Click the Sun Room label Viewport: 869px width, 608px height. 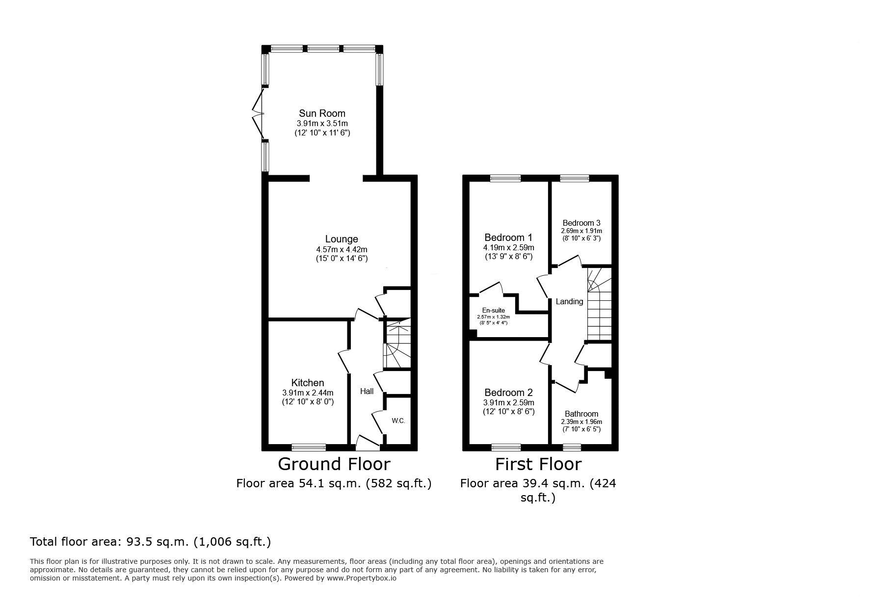pos(322,113)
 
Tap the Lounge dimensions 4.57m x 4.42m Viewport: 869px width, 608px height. pos(342,249)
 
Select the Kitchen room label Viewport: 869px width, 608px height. pos(308,383)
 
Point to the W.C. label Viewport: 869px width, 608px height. pos(398,421)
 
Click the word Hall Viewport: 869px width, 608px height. pos(367,391)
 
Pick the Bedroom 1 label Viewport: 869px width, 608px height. pos(508,238)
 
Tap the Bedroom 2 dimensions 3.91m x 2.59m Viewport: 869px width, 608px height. pos(508,402)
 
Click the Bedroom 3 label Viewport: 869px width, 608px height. pos(581,223)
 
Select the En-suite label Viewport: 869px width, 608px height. pos(494,310)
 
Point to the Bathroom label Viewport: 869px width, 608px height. pos(581,414)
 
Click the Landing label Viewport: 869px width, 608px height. pos(569,301)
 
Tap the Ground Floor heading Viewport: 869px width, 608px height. pos(334,464)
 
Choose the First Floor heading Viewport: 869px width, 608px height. pos(538,464)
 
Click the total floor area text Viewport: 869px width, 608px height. pos(151,542)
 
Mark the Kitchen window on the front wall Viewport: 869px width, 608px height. pos(309,447)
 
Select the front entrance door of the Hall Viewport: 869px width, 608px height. pos(368,443)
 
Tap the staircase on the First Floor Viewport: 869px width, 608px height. pos(599,304)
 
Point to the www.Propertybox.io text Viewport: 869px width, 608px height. pos(362,578)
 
